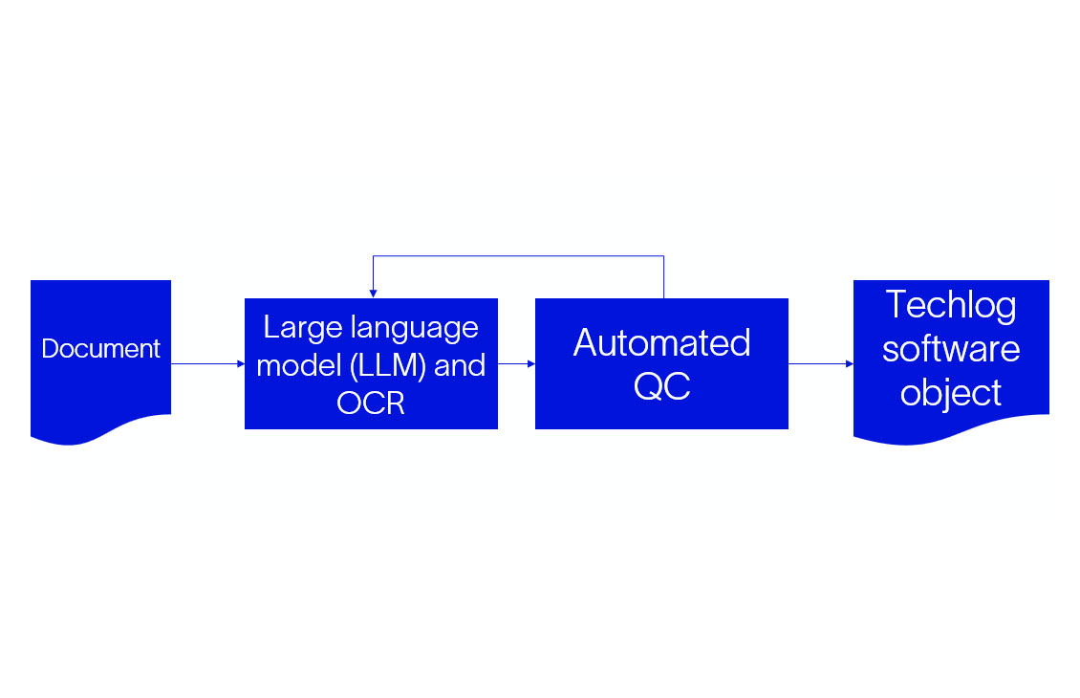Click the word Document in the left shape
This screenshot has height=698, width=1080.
tap(100, 349)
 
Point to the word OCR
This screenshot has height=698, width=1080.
tap(371, 403)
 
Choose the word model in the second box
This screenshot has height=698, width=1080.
tap(292, 365)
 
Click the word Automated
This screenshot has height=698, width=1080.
tap(661, 342)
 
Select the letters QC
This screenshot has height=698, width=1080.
tap(661, 386)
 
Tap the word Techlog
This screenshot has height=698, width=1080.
tap(951, 305)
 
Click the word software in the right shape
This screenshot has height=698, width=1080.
tap(951, 349)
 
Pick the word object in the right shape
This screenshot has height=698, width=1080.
tap(951, 393)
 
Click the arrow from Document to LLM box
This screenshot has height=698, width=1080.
tap(206, 363)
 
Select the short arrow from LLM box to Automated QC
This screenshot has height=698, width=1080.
tap(516, 363)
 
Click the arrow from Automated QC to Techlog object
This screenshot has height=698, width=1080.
tap(820, 363)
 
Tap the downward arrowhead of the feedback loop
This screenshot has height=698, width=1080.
tap(373, 293)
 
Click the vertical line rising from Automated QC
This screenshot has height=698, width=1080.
tap(663, 277)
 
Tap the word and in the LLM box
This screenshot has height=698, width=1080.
tap(460, 365)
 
